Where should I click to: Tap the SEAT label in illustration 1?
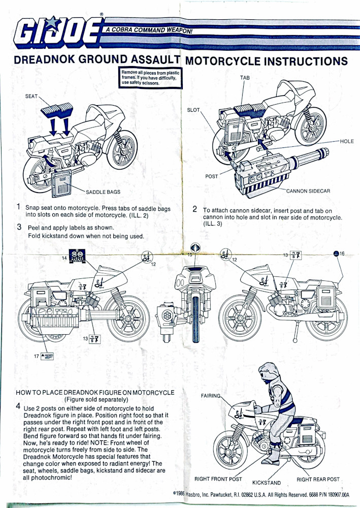pos(31,96)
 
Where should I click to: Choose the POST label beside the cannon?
pos(211,176)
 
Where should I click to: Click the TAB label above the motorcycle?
pos(245,78)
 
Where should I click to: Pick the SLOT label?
pos(194,110)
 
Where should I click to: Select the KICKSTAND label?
pos(267,483)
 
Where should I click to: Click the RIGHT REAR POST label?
pos(318,479)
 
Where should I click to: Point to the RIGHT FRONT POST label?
pos(218,479)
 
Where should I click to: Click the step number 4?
pos(18,406)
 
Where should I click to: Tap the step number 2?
pos(195,209)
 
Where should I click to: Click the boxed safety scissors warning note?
pos(150,77)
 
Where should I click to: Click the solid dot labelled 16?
pos(335,253)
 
